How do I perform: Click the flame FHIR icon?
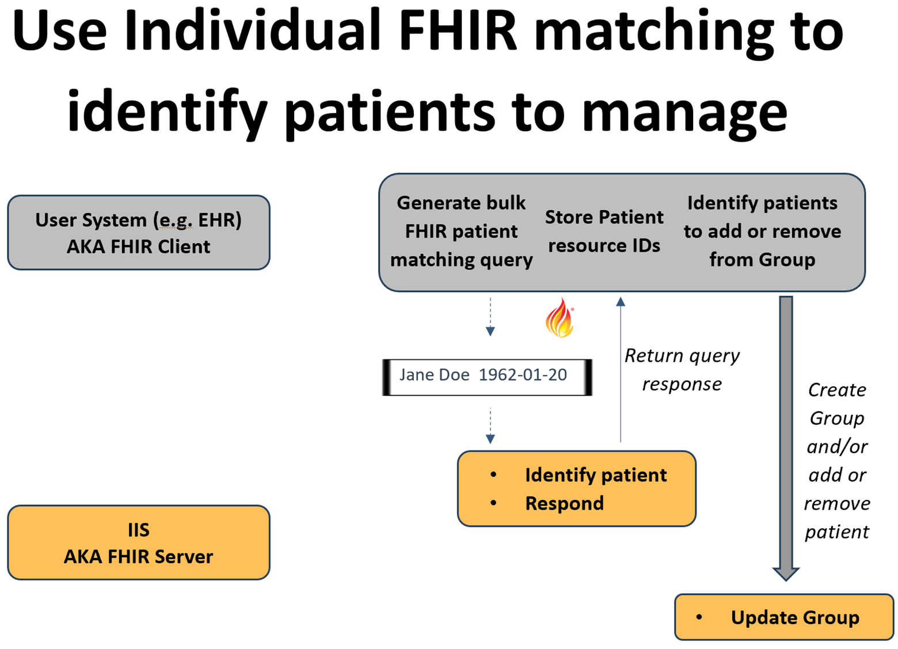pos(560,318)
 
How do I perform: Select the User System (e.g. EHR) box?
pos(139,233)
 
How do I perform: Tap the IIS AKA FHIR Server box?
pos(139,542)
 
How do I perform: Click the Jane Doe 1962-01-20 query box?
pos(487,377)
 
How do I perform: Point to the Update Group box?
pos(784,617)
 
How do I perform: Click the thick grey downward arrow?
pos(786,438)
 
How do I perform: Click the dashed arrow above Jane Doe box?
pos(490,316)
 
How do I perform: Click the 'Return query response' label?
pos(682,370)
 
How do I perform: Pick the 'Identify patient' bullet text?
pos(596,475)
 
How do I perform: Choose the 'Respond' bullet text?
pos(564,503)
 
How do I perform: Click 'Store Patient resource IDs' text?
pos(604,231)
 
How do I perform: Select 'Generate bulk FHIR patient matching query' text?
pos(461,231)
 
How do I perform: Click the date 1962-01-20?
pos(523,375)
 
